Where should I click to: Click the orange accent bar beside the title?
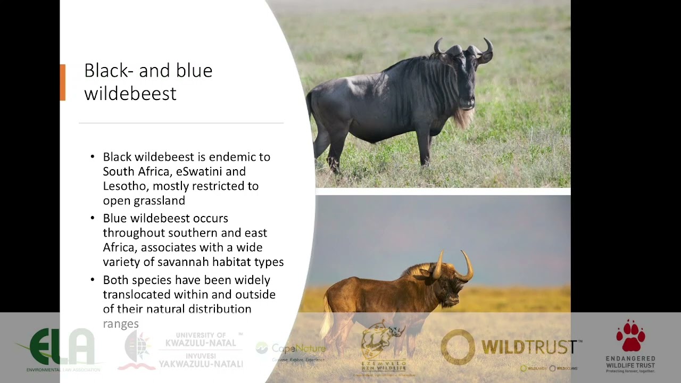63,82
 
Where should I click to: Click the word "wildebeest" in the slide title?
130,94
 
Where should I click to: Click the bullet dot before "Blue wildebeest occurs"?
92,218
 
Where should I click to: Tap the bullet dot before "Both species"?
92,280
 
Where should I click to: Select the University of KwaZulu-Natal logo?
181,349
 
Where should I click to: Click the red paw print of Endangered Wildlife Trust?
630,336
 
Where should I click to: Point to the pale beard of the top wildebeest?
463,118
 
